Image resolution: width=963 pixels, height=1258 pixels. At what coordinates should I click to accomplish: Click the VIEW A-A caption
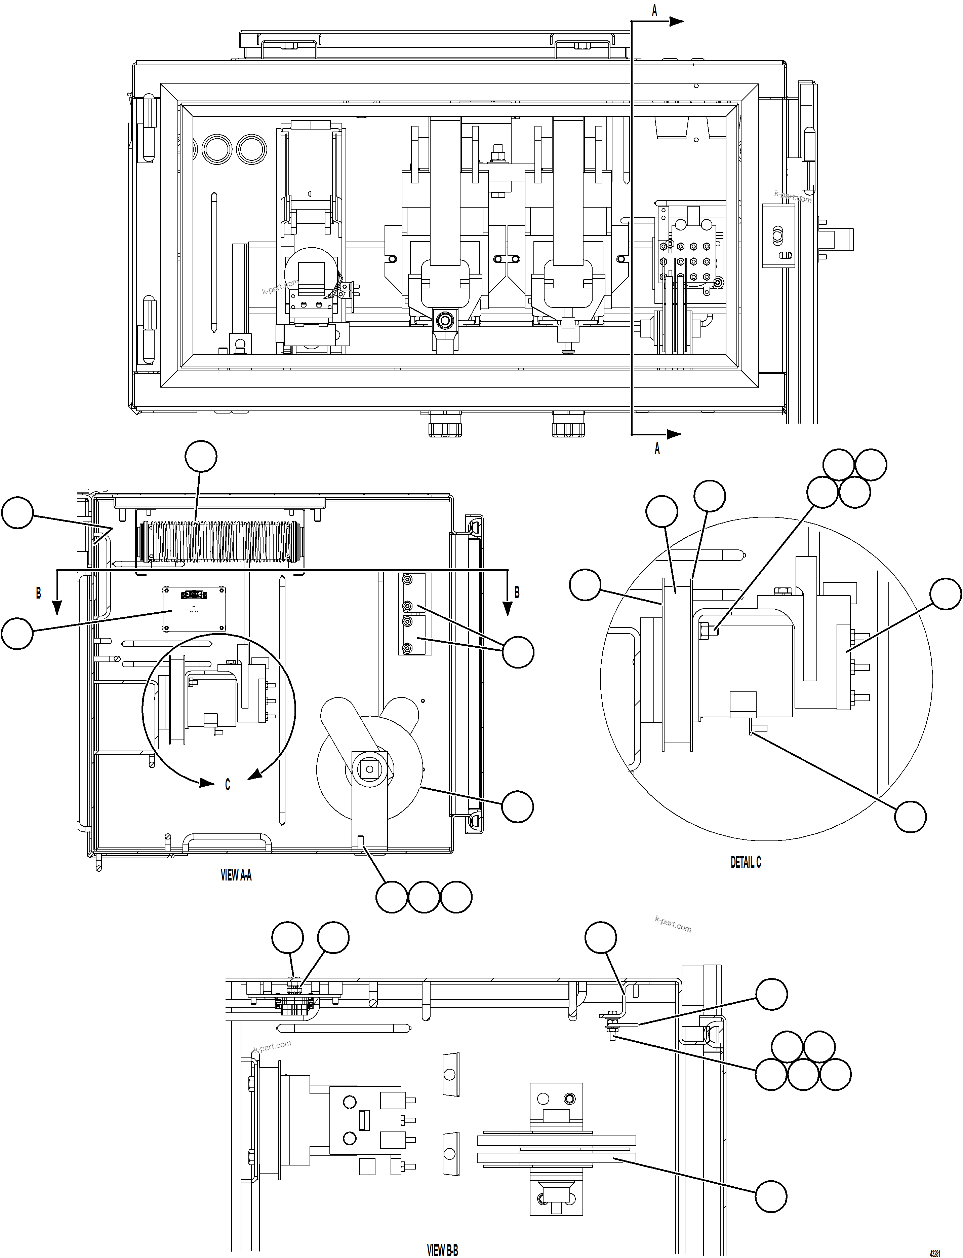pos(236,875)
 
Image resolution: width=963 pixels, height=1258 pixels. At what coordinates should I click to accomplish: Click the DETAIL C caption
pos(745,862)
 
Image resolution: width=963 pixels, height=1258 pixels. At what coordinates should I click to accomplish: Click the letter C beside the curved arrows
pos(228,785)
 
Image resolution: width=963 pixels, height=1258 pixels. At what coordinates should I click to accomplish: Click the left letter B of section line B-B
pos(38,592)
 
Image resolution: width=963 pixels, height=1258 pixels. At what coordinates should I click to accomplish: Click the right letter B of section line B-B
pos(517,592)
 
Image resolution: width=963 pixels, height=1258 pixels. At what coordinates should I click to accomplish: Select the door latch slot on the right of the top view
pos(778,236)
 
